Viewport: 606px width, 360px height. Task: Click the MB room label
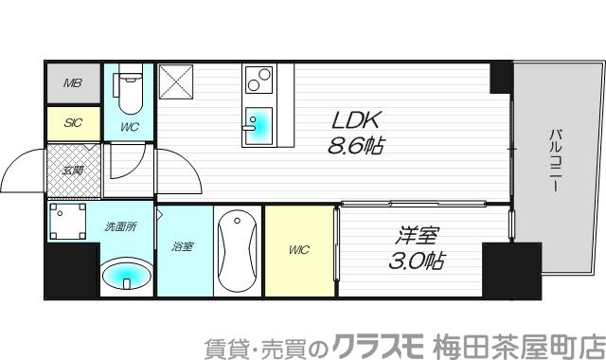click(72, 83)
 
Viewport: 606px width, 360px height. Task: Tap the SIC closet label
click(72, 122)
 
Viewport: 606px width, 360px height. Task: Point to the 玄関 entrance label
click(73, 171)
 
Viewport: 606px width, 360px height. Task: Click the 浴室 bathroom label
click(183, 247)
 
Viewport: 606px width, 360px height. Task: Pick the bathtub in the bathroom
click(234, 252)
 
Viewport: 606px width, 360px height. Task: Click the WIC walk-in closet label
click(298, 250)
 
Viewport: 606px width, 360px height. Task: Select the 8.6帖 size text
click(356, 147)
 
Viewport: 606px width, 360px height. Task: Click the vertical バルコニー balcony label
click(555, 161)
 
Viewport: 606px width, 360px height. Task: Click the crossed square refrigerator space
click(177, 82)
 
